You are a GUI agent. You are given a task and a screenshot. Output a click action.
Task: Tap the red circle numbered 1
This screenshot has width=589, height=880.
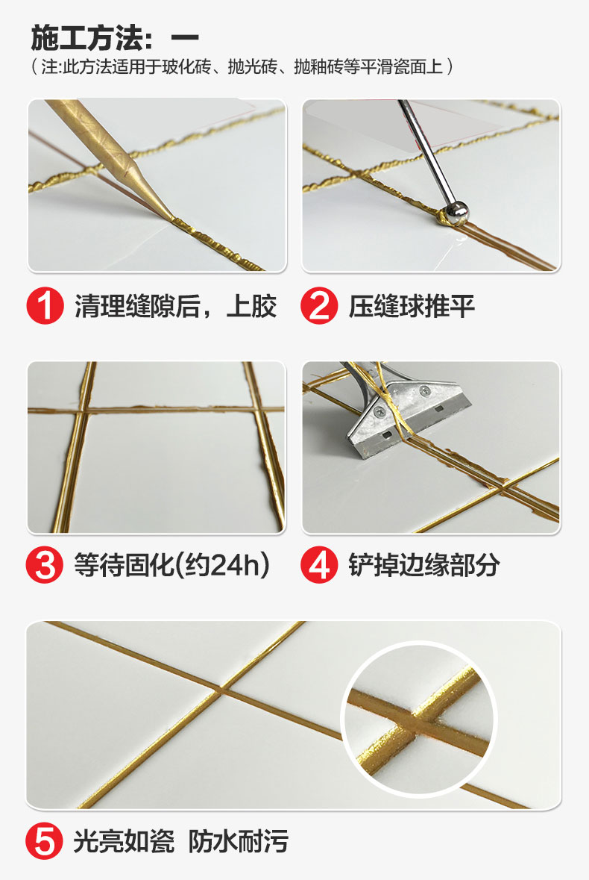point(45,307)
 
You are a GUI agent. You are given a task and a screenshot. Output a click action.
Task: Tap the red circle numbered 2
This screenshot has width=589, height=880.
point(319,307)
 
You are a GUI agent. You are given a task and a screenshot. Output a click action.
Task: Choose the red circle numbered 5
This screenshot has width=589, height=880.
point(45,843)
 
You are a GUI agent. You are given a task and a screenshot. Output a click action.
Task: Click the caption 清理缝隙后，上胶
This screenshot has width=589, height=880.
point(175,307)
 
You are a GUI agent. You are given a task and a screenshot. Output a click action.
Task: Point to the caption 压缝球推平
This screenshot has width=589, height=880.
point(412,307)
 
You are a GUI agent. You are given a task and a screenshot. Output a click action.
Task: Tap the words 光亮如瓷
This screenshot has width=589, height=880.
point(124,843)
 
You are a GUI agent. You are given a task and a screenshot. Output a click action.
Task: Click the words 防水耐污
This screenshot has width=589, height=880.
point(238,843)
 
